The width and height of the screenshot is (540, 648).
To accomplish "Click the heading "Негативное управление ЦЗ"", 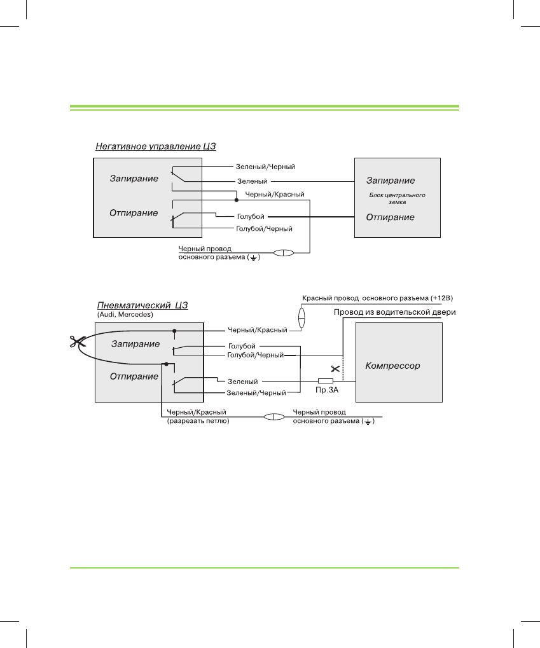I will tap(156, 146).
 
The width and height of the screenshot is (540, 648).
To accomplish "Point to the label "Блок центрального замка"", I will tap(397, 198).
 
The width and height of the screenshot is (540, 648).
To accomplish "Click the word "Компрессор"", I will tap(392, 366).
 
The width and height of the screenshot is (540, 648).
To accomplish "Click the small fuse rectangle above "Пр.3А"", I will tap(326, 382).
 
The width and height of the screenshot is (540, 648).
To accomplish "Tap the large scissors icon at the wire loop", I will tap(78, 341).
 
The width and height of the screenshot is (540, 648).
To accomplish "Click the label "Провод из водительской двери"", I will tap(395, 312).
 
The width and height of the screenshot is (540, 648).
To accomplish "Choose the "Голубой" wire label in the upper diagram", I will tap(250, 216).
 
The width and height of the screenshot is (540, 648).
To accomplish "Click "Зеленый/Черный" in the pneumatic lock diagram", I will tap(256, 393).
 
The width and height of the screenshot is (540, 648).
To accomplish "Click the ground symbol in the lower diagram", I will tap(368, 422).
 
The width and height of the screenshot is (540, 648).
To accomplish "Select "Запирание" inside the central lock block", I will tap(390, 180).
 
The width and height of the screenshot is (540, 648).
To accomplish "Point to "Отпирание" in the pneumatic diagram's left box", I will tap(134, 376).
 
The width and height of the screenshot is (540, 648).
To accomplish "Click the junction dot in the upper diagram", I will tap(237, 199).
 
